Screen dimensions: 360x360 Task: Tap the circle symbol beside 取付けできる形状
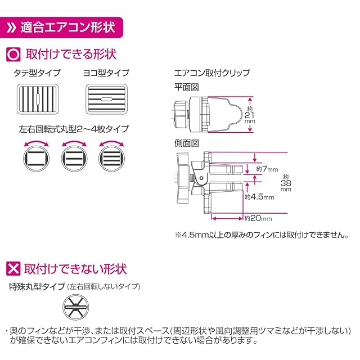(x=13, y=55)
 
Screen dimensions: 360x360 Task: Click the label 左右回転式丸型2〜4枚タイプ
(x=73, y=129)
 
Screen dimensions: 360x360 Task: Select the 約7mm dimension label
(x=267, y=169)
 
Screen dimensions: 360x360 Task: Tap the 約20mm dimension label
(x=258, y=218)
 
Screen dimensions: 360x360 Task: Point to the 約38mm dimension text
(x=286, y=182)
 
